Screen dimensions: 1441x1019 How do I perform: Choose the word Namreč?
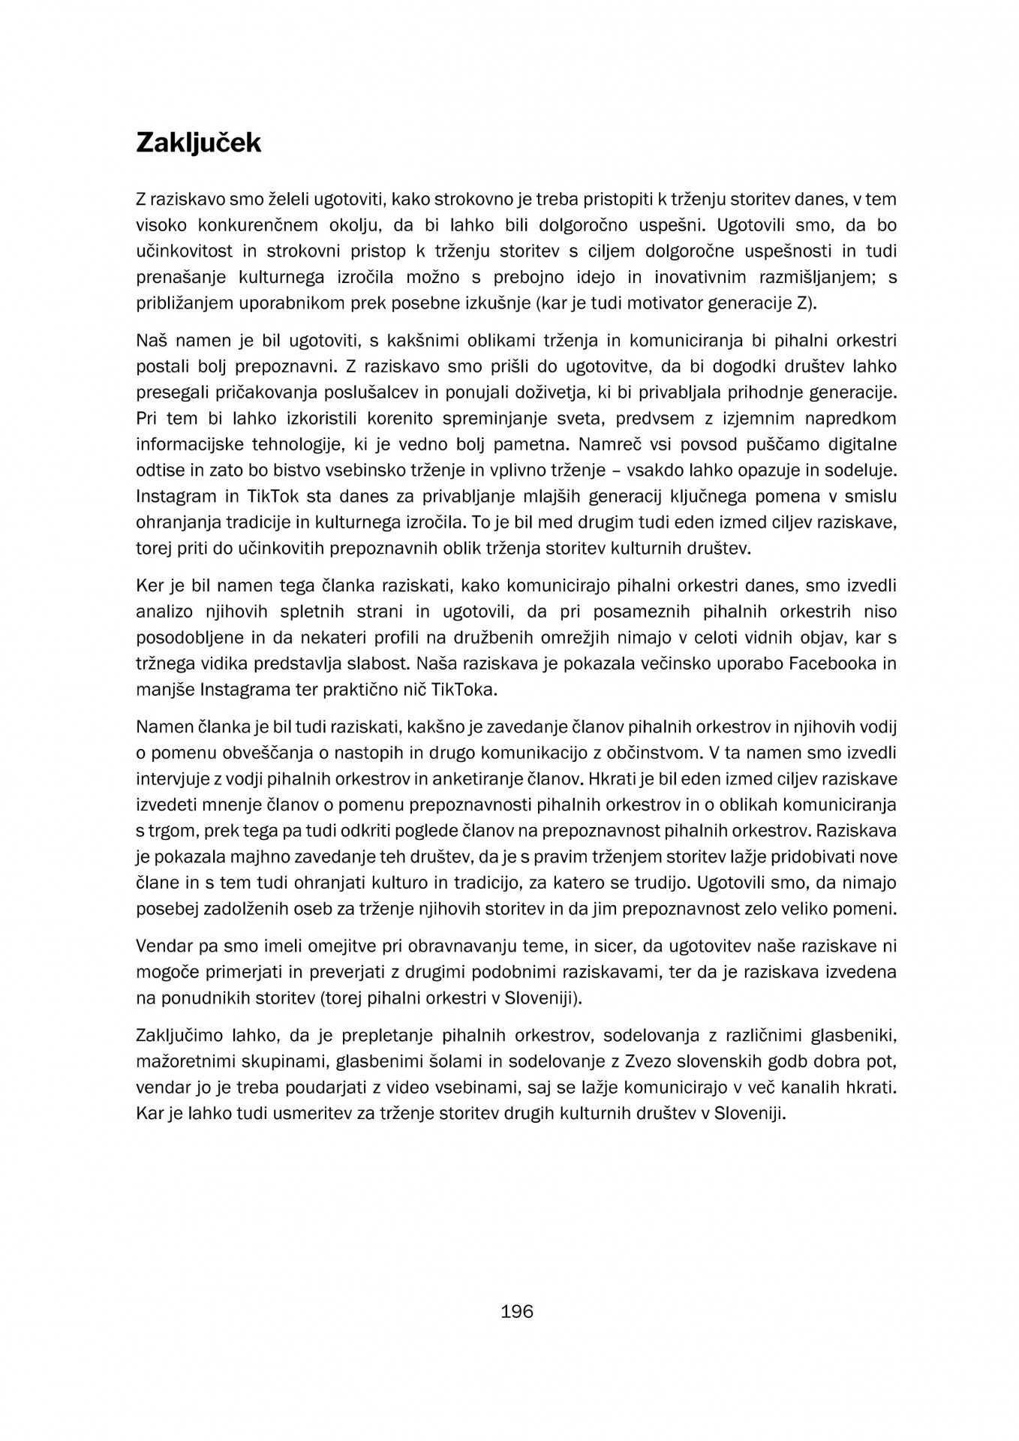(625, 444)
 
